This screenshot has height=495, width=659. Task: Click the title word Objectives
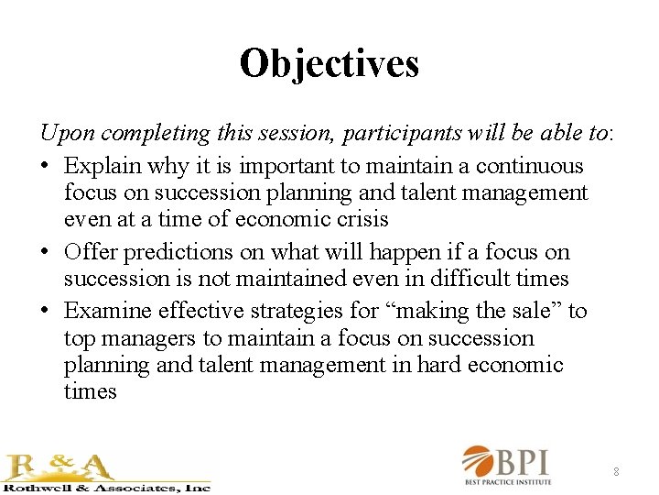coord(329,64)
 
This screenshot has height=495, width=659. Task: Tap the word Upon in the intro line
coord(68,134)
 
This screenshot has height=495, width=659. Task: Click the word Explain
coord(103,167)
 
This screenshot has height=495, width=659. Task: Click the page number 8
coord(616,472)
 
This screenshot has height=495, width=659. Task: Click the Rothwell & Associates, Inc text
coord(106,487)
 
